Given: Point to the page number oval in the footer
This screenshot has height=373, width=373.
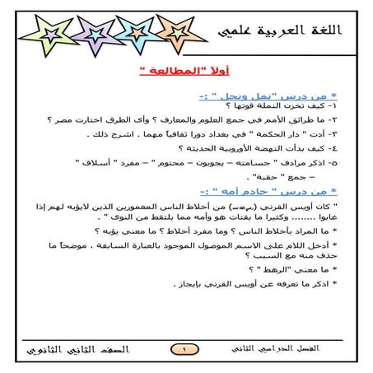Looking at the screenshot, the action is [x=185, y=350].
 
